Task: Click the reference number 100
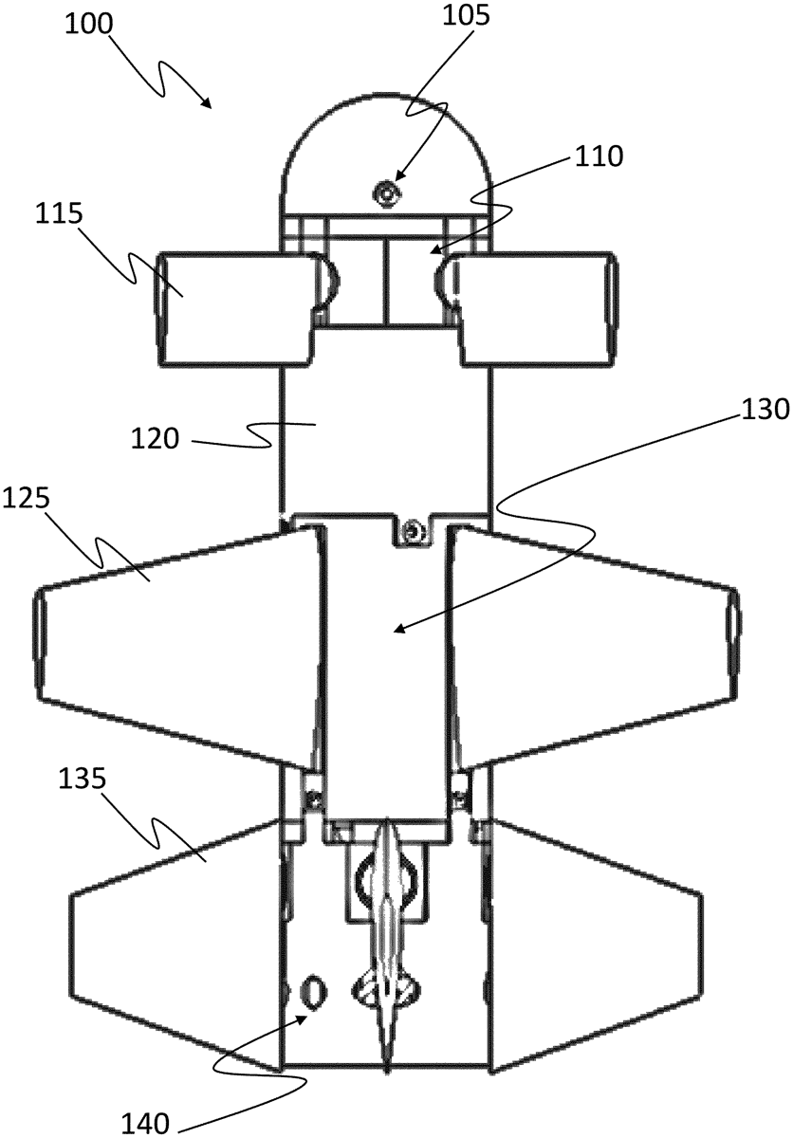click(x=88, y=23)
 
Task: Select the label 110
click(x=599, y=157)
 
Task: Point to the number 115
click(x=59, y=214)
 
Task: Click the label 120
click(x=155, y=438)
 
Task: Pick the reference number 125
click(x=26, y=499)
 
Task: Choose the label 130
click(x=765, y=409)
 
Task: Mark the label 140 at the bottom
click(x=145, y=1125)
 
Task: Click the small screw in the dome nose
click(x=385, y=193)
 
